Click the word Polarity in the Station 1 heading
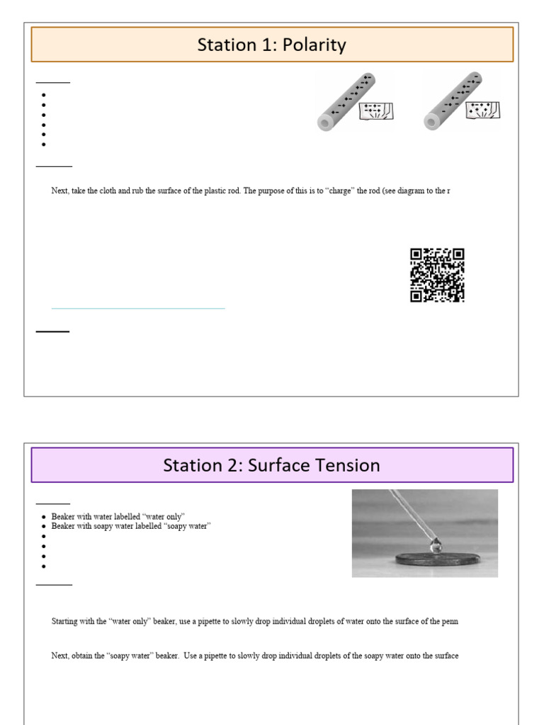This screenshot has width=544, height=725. click(x=312, y=45)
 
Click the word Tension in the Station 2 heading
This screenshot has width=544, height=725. click(x=348, y=465)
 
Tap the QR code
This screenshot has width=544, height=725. click(x=437, y=275)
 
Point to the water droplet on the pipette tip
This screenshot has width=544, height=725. click(x=437, y=545)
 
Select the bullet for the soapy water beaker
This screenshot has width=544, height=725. click(x=45, y=527)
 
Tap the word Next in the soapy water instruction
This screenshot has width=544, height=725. click(x=59, y=656)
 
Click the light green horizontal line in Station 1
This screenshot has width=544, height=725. click(x=138, y=309)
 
